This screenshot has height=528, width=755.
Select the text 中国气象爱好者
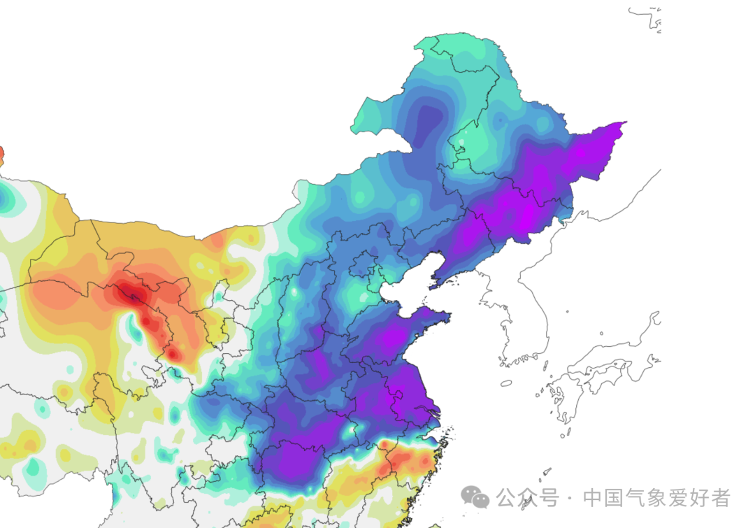click(x=656, y=498)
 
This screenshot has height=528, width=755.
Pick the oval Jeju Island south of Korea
click(x=506, y=383)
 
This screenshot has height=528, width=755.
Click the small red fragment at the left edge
click(x=1, y=155)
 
